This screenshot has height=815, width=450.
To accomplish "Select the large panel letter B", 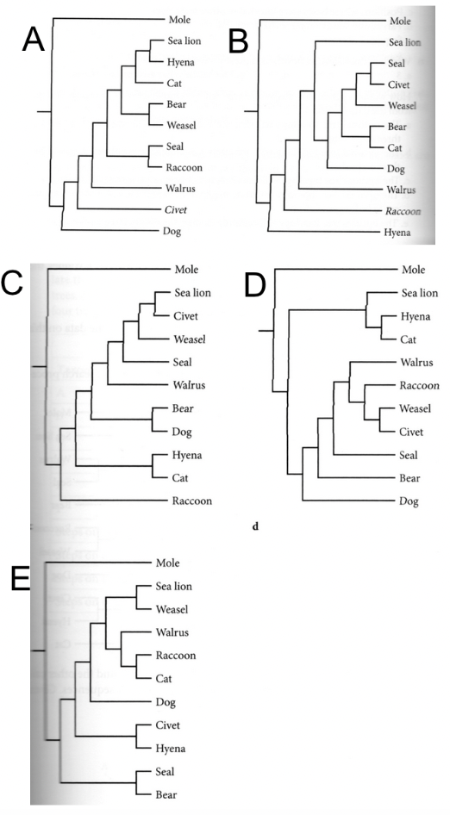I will pyautogui.click(x=238, y=40).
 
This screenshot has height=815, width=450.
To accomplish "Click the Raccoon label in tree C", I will pyautogui.click(x=193, y=501).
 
